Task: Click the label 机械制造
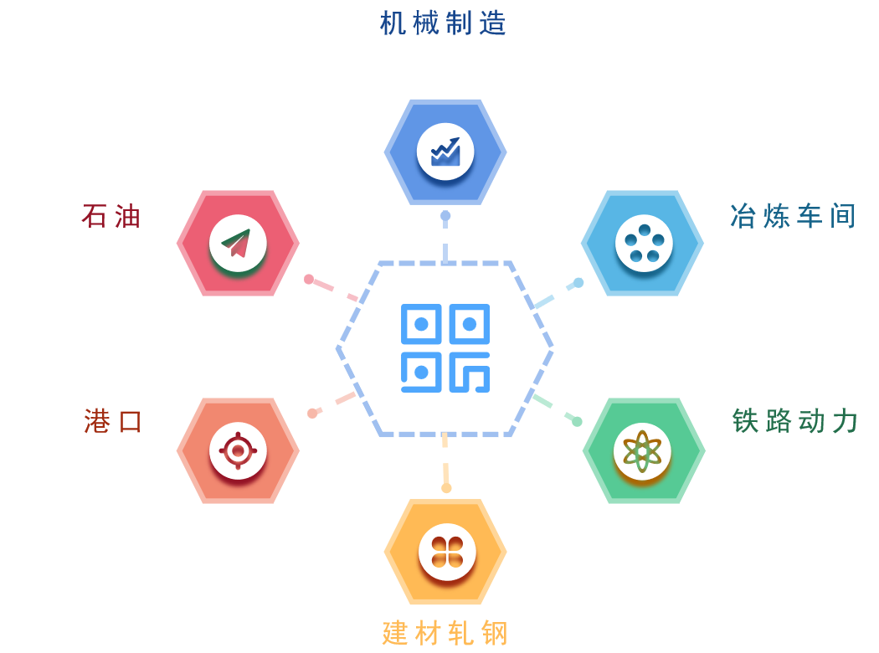444,23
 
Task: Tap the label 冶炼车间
793,217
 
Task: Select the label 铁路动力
795,420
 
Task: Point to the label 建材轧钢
445,633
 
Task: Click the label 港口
114,420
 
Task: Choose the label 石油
111,217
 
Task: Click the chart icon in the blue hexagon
445,152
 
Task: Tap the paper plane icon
238,243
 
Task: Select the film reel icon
643,243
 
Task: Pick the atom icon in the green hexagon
643,451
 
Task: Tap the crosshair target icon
238,451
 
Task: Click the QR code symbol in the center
445,348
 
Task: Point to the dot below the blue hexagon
445,216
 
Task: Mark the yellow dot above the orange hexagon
446,487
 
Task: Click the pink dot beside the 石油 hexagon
309,279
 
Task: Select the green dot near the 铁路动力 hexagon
577,421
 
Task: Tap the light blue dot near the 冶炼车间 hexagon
578,282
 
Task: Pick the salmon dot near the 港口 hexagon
312,413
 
